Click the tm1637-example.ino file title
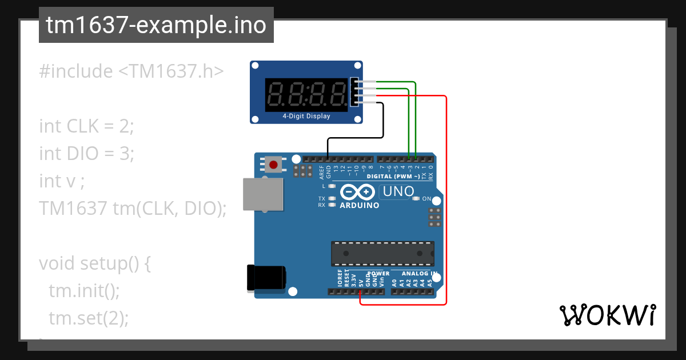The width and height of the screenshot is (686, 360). pos(156,25)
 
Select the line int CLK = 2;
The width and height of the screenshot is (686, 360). pos(86,126)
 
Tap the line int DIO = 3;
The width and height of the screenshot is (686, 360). pos(86,153)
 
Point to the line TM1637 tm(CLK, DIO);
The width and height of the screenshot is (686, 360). pos(133,208)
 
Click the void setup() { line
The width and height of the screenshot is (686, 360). pos(95,263)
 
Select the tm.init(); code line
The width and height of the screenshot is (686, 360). pos(84,290)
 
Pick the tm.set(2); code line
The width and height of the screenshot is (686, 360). pos(89,318)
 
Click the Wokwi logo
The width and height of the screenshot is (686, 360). pos(607,315)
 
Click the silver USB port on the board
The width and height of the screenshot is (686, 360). pos(263,195)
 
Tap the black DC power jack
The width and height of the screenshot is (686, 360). pos(266,278)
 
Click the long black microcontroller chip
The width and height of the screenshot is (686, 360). pos(382,253)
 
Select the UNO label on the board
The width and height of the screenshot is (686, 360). pos(398,192)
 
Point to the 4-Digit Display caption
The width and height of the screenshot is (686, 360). pos(306,116)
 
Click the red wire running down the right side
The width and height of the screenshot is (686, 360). pos(446,200)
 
